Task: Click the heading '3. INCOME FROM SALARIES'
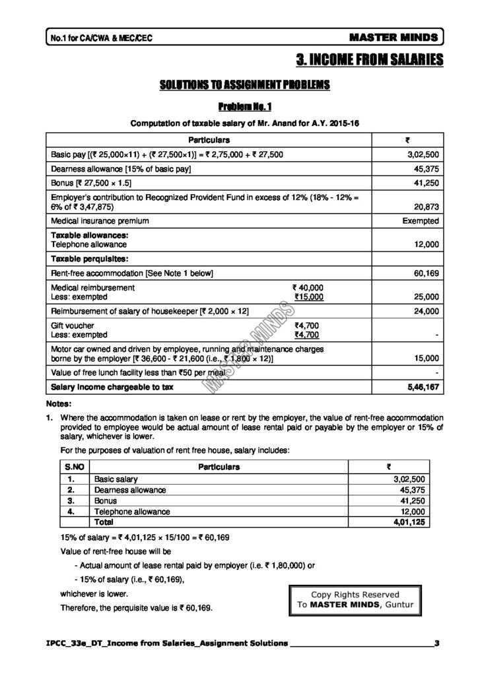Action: (370, 61)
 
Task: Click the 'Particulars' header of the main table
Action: (209, 140)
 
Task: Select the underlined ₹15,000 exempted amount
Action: (308, 297)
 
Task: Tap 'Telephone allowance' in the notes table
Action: (133, 511)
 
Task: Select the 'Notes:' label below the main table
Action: (59, 403)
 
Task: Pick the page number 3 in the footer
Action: (436, 642)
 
